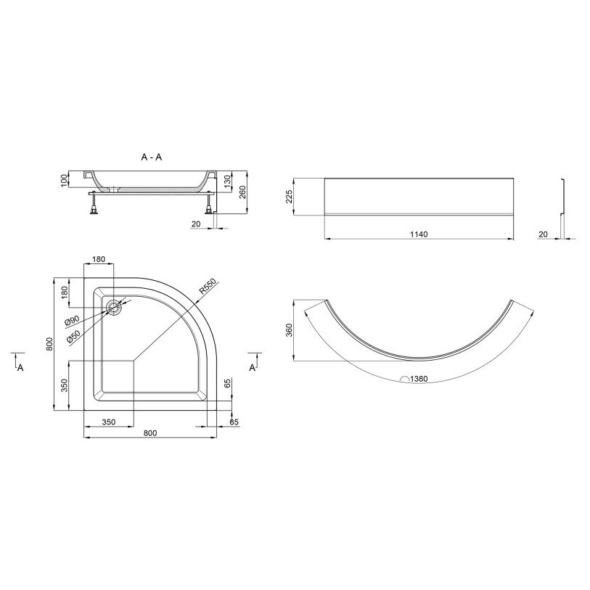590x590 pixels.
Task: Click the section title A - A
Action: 151,157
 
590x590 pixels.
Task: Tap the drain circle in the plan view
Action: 113,308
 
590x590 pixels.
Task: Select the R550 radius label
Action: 208,286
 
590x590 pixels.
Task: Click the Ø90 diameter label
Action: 72,320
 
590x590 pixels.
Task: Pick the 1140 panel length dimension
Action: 419,234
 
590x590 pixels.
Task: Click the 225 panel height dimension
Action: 289,197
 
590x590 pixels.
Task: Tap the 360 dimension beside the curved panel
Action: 289,330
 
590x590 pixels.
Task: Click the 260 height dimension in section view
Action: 242,192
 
